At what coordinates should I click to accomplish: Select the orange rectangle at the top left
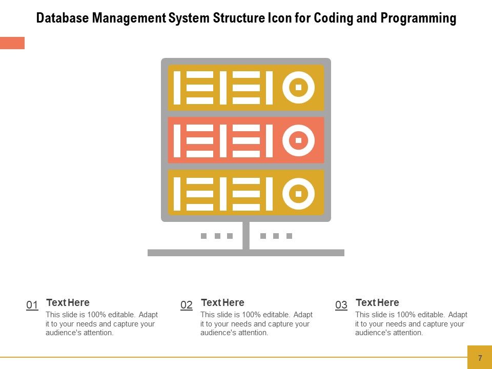click(12, 43)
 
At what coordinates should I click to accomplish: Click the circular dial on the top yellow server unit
click(298, 87)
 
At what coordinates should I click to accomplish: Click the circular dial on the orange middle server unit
click(298, 140)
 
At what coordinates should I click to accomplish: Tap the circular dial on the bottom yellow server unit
click(298, 193)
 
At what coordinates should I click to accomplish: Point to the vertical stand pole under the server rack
click(246, 235)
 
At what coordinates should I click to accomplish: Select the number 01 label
click(32, 305)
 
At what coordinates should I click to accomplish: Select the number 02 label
click(187, 305)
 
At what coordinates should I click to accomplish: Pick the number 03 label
click(341, 305)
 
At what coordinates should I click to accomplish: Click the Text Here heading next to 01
click(68, 302)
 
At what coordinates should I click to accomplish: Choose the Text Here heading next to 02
click(222, 302)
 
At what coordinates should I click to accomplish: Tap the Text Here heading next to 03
click(377, 302)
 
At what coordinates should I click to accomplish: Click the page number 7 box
click(480, 357)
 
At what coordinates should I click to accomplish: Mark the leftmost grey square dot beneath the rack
click(203, 236)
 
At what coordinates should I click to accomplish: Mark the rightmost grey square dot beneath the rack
click(289, 236)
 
